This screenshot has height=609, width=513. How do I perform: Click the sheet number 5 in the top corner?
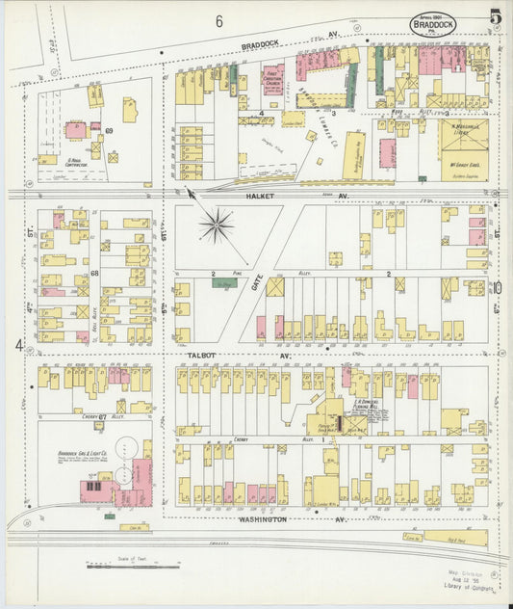coord(494,16)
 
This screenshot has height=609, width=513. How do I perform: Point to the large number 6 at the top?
coord(219,21)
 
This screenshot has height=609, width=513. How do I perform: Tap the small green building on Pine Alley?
coord(224,284)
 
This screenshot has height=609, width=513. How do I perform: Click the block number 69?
coord(110,129)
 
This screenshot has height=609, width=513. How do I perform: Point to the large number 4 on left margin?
coord(18,345)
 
